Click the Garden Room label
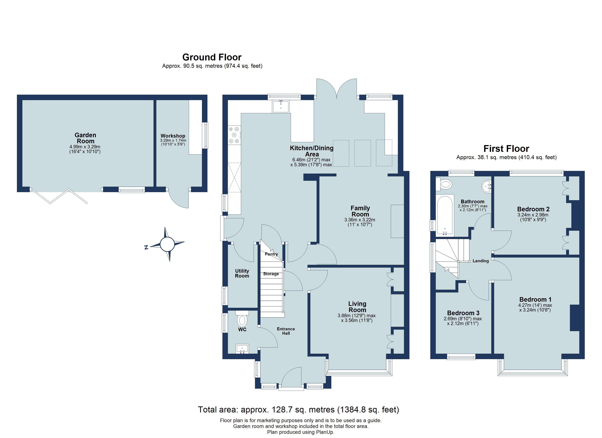pyautogui.click(x=85, y=138)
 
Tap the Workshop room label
pyautogui.click(x=173, y=136)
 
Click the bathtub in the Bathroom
pyautogui.click(x=445, y=216)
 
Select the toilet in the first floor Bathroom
pyautogui.click(x=444, y=184)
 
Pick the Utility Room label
pyautogui.click(x=242, y=273)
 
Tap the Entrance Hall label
pyautogui.click(x=286, y=331)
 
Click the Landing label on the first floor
pyautogui.click(x=481, y=261)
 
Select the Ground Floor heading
pyautogui.click(x=212, y=57)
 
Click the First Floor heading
pyautogui.click(x=506, y=149)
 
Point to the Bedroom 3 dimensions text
pyautogui.click(x=463, y=321)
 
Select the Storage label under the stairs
pyautogui.click(x=271, y=274)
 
